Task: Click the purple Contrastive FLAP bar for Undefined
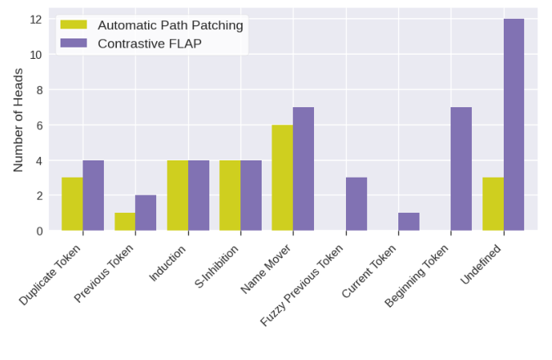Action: tap(514, 124)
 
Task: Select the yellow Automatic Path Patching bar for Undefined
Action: tap(493, 204)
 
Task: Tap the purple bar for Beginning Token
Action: tap(461, 169)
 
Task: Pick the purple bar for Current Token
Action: tap(409, 221)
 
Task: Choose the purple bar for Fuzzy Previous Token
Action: tap(357, 204)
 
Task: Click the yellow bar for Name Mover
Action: tap(282, 178)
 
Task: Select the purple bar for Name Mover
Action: tap(303, 169)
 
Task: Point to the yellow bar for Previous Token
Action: tap(124, 221)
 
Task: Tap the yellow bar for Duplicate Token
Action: tap(72, 204)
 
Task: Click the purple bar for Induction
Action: tap(198, 195)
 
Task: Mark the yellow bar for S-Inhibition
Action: tap(230, 195)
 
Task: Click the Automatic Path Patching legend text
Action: tap(170, 25)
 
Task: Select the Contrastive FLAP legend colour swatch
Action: tap(74, 43)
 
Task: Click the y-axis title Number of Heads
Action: tap(18, 119)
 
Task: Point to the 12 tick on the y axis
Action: tap(36, 19)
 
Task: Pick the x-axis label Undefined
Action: tap(482, 264)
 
